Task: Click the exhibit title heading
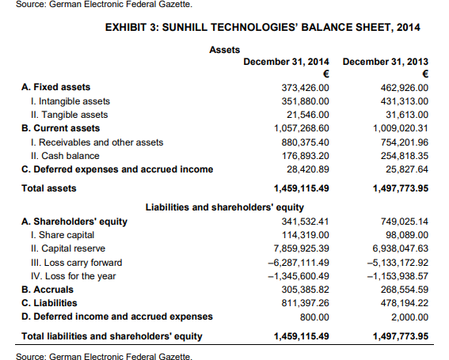262,28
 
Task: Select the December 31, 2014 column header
286,61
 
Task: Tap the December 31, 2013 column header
387,61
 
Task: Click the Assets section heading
224,49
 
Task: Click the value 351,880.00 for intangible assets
306,100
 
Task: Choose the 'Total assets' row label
49,188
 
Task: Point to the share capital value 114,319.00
306,235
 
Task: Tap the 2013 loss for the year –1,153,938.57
398,276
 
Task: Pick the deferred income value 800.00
317,317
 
